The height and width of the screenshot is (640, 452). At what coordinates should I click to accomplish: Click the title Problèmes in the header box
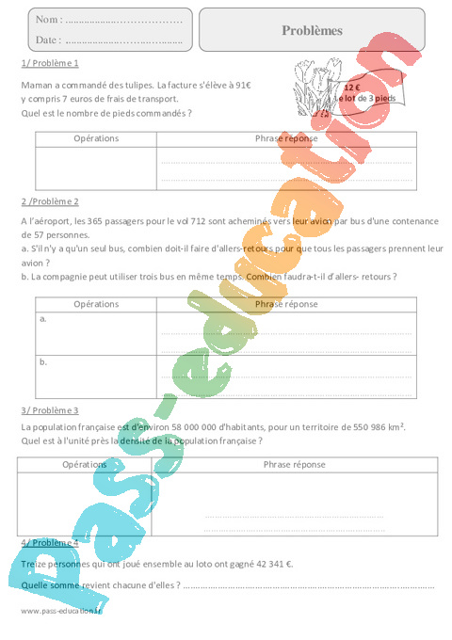click(313, 30)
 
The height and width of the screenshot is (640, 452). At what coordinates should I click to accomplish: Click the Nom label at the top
click(49, 20)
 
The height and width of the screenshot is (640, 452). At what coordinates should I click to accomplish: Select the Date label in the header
click(48, 40)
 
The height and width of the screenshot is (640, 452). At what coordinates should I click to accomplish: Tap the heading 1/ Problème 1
click(49, 63)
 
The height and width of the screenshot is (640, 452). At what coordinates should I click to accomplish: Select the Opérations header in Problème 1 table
click(96, 138)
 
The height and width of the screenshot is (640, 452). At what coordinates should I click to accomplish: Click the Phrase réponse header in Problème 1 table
click(286, 138)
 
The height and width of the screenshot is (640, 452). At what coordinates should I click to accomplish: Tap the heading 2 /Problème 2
click(50, 201)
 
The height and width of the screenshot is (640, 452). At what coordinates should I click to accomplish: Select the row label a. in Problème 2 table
click(43, 319)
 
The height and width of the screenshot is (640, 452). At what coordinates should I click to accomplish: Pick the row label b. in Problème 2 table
click(43, 360)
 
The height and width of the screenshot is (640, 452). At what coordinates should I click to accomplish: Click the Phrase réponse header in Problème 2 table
click(286, 304)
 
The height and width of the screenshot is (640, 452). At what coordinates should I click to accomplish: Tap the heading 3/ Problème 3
click(49, 410)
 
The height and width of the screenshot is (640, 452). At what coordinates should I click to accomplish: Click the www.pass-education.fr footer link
click(60, 611)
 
